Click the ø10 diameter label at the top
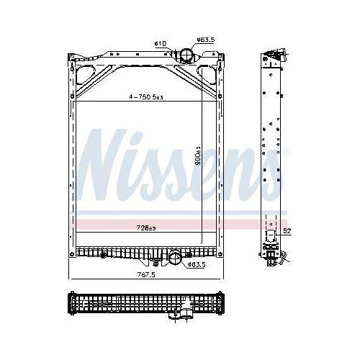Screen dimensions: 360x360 [x=160, y=44]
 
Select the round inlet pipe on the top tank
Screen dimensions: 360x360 [x=186, y=55]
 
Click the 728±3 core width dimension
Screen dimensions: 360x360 [x=147, y=228]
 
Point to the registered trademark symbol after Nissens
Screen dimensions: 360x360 [x=287, y=152]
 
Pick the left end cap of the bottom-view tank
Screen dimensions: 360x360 [x=71, y=303]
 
